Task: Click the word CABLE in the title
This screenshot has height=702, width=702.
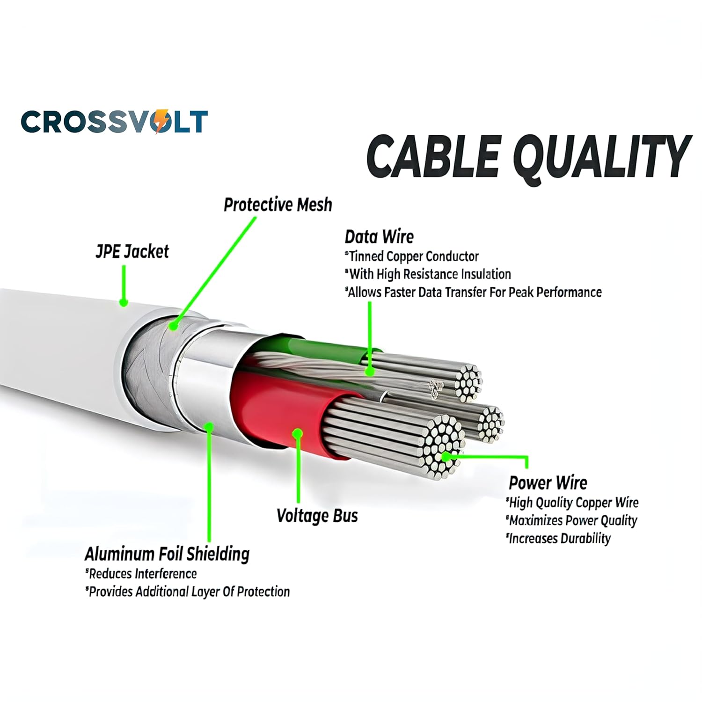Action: click(433, 155)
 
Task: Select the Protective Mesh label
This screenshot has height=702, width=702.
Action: click(278, 205)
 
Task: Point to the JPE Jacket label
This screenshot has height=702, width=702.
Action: click(132, 252)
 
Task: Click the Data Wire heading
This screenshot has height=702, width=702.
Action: click(379, 237)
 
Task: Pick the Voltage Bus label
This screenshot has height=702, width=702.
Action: click(317, 516)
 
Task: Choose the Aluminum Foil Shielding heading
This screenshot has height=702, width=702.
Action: click(167, 554)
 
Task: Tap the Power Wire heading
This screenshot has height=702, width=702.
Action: click(548, 483)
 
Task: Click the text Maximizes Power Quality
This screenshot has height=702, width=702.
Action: click(572, 520)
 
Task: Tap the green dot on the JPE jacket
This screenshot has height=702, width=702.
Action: click(123, 302)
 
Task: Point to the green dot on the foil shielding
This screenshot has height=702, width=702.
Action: click(209, 427)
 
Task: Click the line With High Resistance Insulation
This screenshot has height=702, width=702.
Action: click(429, 274)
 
